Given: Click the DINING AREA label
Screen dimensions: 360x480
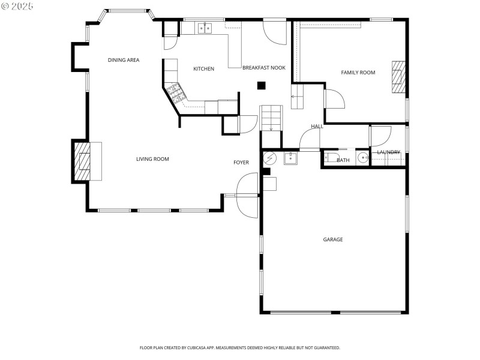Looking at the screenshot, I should pos(124,60).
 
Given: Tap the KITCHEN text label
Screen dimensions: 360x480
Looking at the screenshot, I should pos(203,69).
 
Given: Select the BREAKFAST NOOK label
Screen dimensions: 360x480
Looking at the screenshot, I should pos(263,68).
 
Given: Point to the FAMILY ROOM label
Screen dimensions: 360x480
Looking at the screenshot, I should pos(358,73).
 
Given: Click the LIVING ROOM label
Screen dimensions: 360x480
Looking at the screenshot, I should pos(152,159).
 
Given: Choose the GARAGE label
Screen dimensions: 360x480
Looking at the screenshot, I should pos(333,239).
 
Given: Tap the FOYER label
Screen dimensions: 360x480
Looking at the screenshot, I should pos(241,163).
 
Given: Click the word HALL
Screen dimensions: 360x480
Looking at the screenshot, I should pos(317,127).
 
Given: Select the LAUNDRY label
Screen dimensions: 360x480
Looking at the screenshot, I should pos(388,152).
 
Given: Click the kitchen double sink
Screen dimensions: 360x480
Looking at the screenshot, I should pos(205,28).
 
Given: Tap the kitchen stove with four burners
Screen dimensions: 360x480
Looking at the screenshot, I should pos(176,92).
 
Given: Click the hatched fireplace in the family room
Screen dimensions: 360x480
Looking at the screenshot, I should pos(399,77).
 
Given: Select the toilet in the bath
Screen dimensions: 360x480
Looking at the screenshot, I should pos(331,158).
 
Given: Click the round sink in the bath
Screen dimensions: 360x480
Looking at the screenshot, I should pos(362,158).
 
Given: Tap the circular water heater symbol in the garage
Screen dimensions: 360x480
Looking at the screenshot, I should pos(270,158).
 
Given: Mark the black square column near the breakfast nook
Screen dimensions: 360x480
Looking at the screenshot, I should pos(261,86).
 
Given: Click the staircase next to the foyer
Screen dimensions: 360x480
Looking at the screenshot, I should pos(271,118).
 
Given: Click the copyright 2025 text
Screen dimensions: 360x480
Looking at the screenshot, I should pos(18,6).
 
